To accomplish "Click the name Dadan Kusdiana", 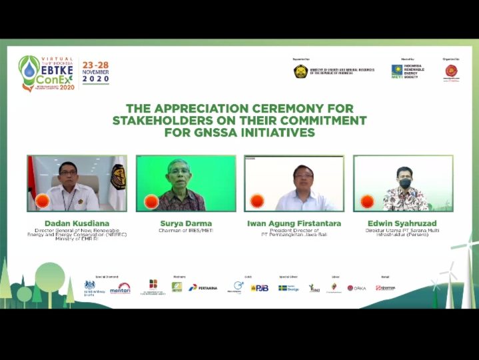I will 63,223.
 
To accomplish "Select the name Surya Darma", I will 185,223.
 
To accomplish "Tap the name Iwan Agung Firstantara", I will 294,223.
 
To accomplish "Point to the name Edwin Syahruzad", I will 403,223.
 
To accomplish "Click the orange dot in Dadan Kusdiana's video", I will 43,201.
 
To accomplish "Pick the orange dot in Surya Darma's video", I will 151,201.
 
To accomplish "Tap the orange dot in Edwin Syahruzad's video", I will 367,201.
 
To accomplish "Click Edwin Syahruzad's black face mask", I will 404,183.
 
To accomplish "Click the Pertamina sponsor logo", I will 203,287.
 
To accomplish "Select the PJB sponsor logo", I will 260,288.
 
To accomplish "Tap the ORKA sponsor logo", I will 356,288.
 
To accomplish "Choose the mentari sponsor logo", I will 120,288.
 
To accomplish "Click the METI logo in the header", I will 396,71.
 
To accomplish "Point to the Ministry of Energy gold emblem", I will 300,71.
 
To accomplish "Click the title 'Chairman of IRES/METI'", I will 185,231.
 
